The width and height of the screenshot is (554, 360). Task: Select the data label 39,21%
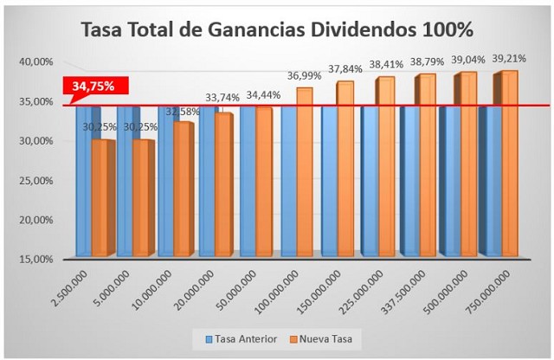[x=508, y=59]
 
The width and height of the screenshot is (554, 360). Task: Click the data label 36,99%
[x=305, y=76]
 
